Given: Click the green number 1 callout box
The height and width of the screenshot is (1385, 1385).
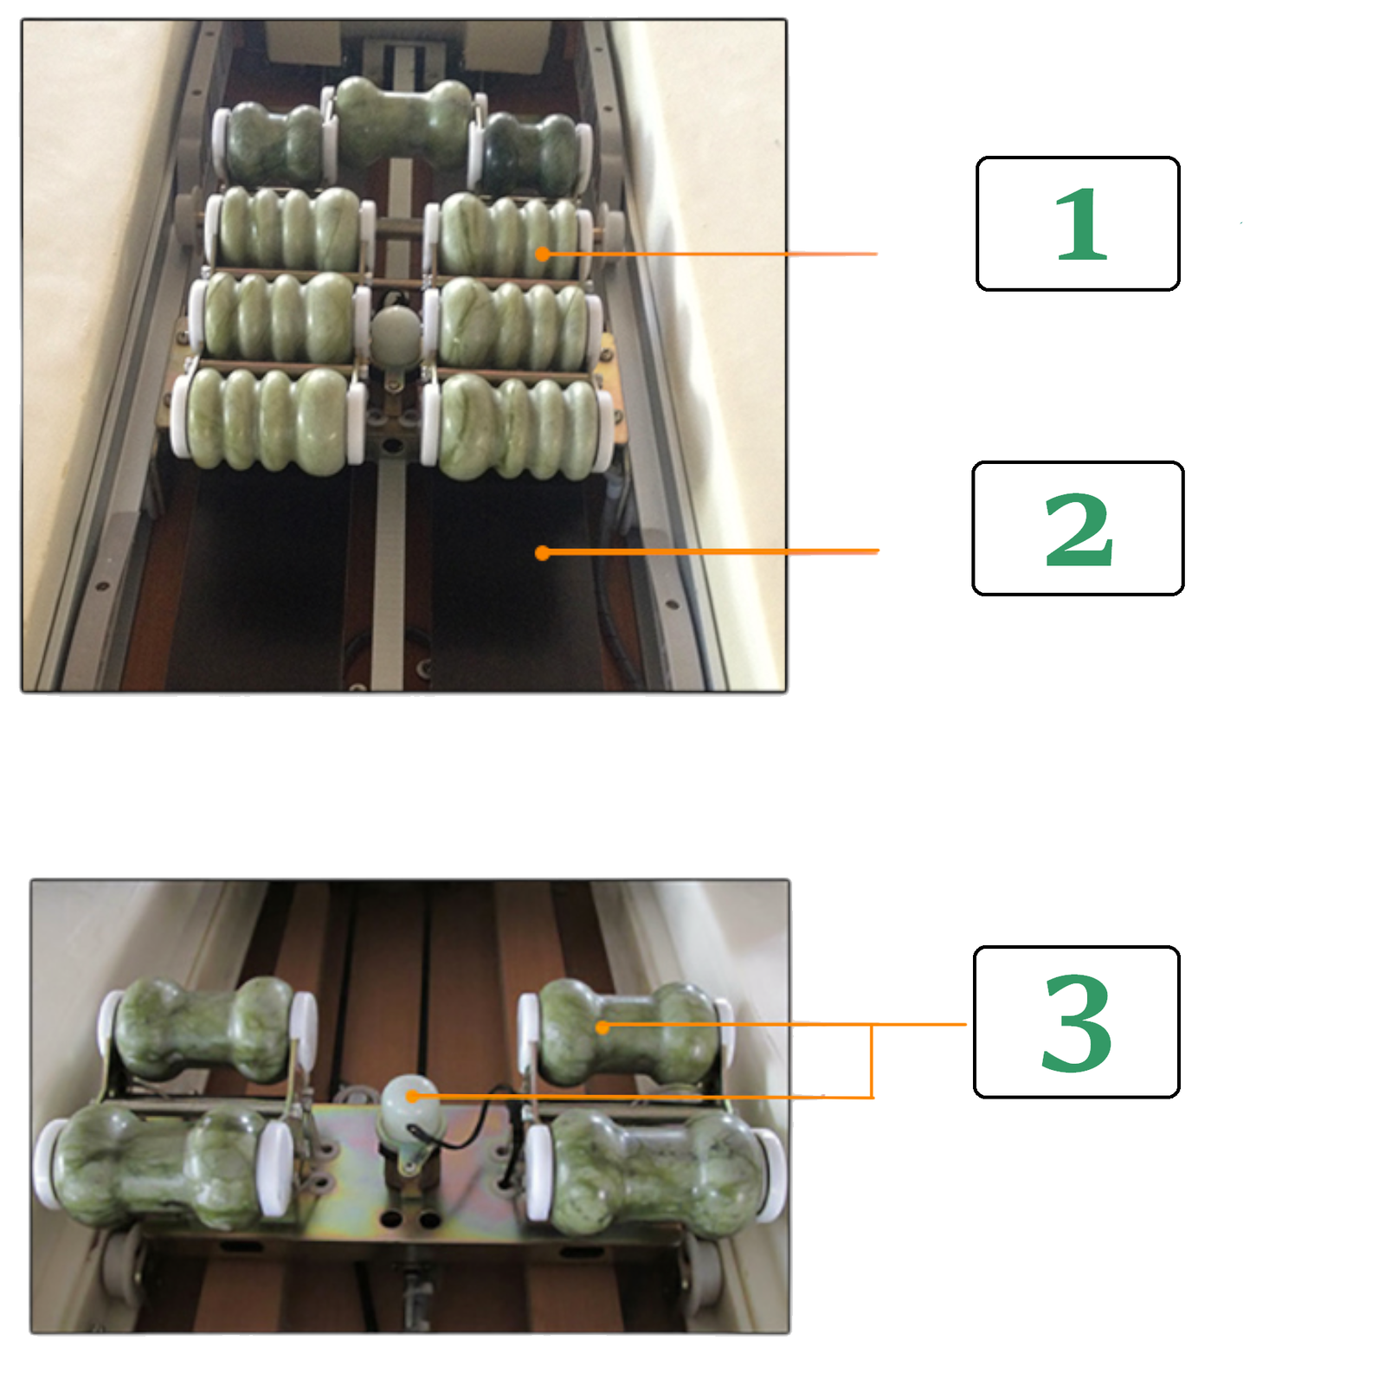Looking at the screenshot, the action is click(1078, 223).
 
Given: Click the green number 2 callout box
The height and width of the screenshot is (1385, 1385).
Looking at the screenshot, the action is click(1078, 528).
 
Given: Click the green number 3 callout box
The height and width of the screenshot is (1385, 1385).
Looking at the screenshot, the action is click(1077, 1021).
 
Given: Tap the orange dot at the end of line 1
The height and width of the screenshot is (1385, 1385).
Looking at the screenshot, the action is click(542, 254).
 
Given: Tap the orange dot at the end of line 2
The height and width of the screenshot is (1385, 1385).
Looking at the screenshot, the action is click(542, 552).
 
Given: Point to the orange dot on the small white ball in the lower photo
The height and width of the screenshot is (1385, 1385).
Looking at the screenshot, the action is click(413, 1096).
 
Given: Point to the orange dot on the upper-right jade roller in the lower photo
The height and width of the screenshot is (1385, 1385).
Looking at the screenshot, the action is click(602, 1027).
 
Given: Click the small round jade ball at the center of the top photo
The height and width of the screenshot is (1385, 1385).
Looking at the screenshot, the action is click(395, 333).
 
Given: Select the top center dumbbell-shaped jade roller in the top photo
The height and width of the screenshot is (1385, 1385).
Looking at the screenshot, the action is click(403, 121).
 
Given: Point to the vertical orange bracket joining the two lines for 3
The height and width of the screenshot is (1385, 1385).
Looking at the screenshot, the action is click(872, 1061).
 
